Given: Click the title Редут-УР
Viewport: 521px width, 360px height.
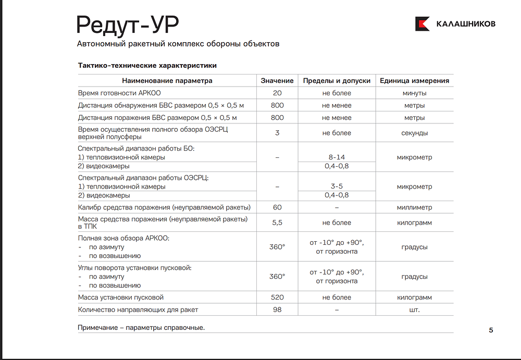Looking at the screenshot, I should (128, 23).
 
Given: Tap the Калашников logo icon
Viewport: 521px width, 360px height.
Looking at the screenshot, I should (422, 24).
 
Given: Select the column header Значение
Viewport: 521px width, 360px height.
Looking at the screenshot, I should (277, 81).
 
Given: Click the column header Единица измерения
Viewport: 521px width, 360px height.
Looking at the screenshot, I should (414, 81).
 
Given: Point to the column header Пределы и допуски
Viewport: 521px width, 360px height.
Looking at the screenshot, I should (337, 81).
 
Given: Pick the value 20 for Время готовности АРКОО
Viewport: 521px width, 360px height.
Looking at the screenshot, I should (277, 93).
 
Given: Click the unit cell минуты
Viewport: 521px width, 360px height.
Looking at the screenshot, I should (414, 93).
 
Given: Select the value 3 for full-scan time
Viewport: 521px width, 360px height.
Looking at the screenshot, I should (277, 133).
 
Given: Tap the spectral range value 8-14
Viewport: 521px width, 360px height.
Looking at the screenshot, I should (337, 157).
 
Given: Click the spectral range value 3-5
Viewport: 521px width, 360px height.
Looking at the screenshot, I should (337, 187).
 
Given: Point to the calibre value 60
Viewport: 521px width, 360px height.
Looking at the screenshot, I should (277, 207).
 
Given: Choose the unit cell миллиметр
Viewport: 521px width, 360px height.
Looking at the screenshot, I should (414, 207).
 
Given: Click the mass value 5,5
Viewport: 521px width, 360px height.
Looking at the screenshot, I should (277, 222).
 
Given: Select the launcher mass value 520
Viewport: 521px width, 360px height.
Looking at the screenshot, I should (277, 297).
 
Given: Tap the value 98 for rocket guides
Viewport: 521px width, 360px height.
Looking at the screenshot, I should (277, 310).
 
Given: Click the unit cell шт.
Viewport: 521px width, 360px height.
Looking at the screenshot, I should (414, 310).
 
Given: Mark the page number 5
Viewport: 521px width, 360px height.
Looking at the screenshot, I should (491, 330).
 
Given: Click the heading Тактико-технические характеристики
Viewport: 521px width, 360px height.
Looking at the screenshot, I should (147, 66).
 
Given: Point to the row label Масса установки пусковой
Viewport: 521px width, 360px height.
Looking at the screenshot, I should (121, 297).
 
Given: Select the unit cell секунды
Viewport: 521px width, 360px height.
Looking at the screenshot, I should (414, 133).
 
